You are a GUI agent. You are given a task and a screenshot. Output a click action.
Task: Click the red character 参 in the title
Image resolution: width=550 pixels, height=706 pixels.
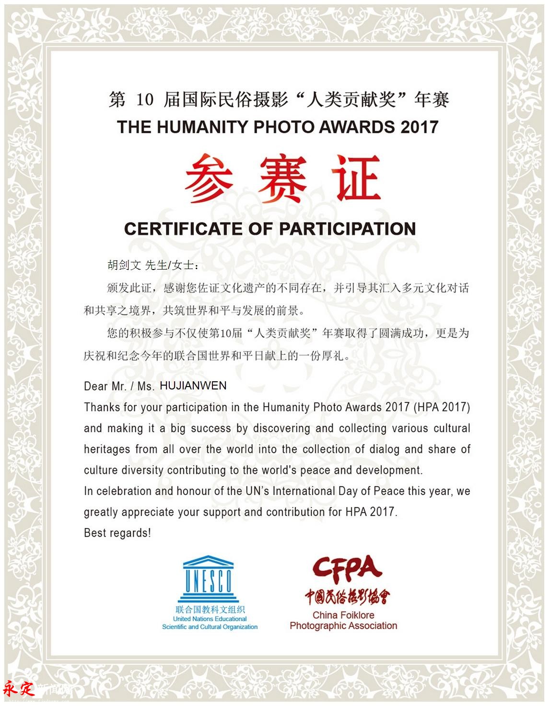(209, 178)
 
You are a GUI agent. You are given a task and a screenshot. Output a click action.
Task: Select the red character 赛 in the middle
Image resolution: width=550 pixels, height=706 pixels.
(282, 178)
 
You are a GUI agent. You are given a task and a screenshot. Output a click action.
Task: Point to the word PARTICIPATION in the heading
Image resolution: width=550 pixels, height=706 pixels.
(347, 229)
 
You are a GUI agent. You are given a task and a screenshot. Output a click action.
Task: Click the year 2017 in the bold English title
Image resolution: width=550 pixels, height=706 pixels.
(420, 127)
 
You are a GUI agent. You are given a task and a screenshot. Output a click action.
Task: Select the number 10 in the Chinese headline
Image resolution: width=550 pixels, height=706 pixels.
(145, 100)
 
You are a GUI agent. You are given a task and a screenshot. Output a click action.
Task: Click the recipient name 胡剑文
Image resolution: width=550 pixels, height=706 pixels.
(124, 265)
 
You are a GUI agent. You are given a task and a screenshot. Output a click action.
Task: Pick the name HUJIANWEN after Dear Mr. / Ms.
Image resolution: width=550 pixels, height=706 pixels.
(193, 386)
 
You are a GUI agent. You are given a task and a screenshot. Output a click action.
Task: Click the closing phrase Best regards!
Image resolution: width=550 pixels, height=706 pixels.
(117, 533)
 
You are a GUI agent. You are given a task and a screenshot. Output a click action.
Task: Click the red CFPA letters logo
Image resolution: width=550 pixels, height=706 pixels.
(347, 567)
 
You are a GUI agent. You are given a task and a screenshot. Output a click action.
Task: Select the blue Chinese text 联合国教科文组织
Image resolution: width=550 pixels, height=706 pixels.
(210, 610)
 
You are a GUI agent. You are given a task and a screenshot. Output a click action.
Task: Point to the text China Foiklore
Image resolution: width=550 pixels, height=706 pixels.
(343, 615)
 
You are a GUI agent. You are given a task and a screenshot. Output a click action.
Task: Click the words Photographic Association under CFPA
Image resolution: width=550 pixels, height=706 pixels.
(343, 625)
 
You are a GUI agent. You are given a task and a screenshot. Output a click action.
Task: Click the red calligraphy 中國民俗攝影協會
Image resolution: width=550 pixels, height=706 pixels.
(347, 596)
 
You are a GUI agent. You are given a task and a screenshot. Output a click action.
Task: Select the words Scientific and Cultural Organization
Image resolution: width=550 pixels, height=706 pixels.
(210, 627)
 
